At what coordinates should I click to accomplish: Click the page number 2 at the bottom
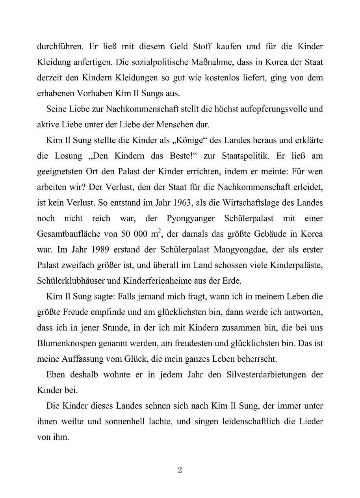coord(180,470)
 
